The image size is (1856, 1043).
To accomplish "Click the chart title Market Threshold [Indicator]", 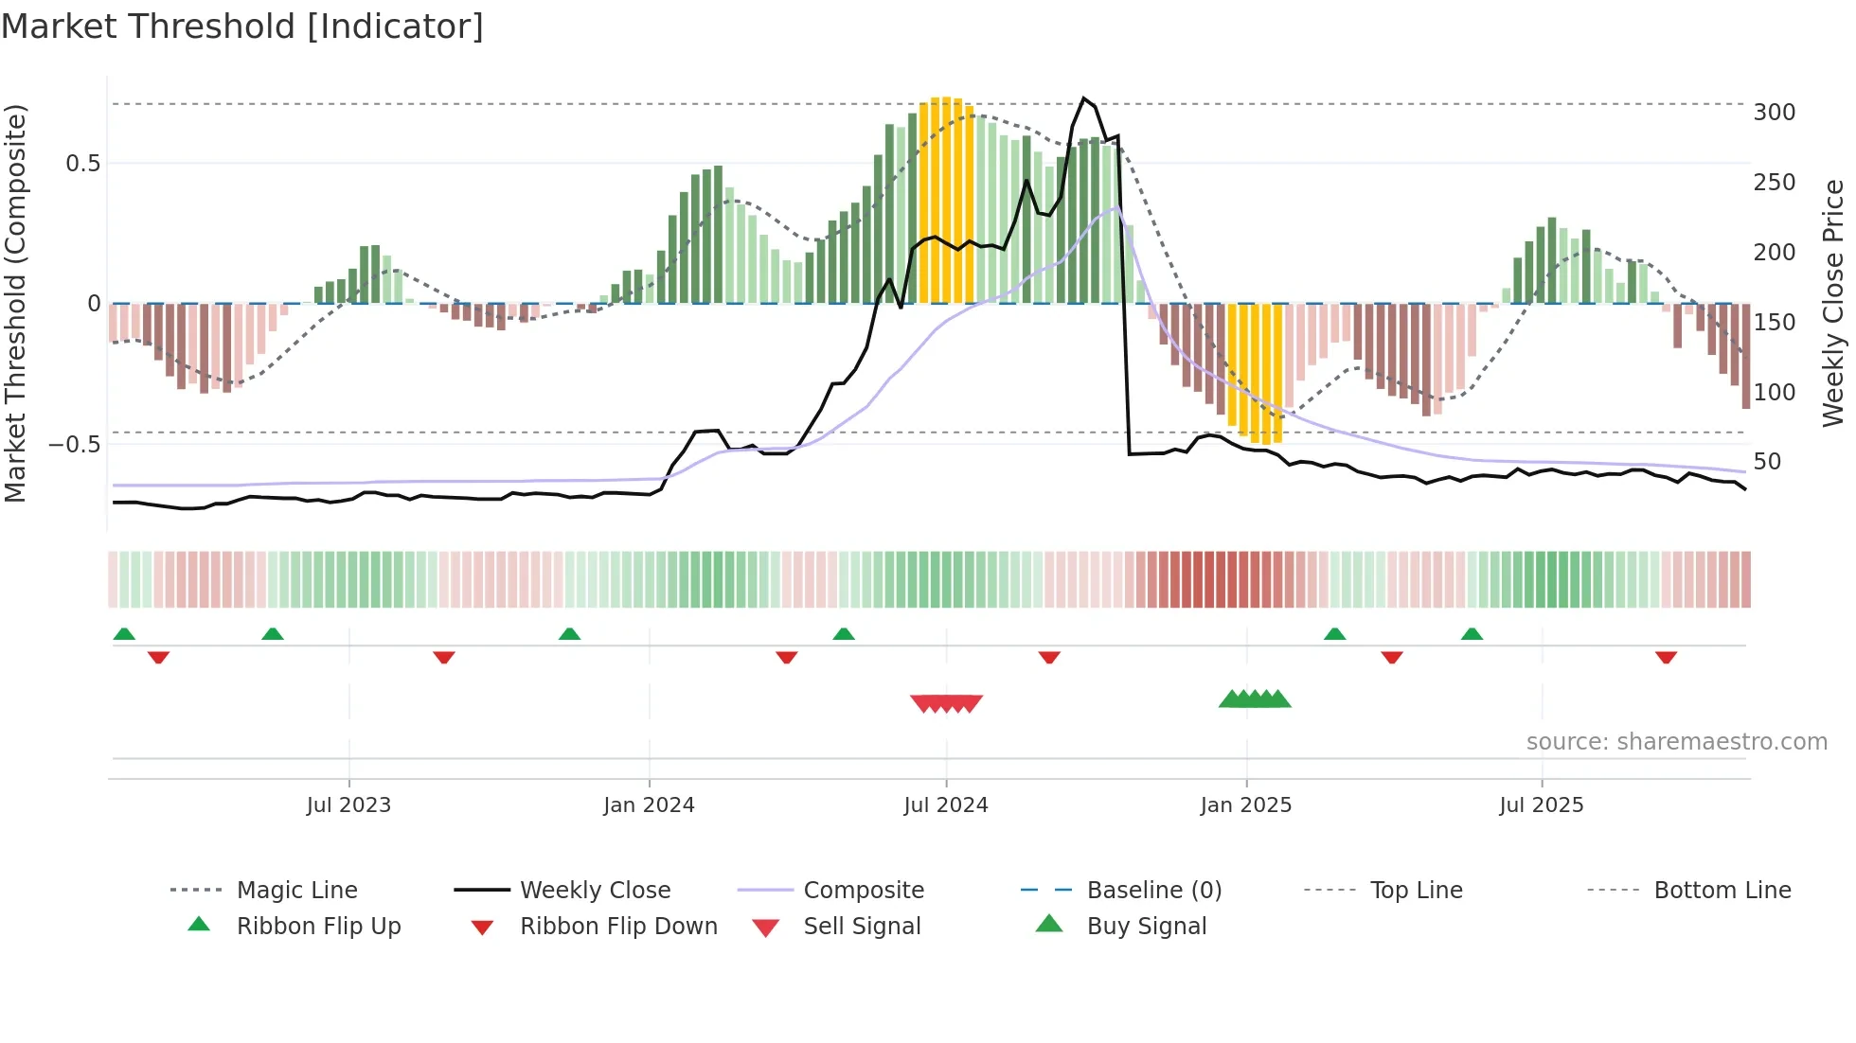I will coord(242,27).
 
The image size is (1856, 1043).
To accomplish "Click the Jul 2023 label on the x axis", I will coord(348,805).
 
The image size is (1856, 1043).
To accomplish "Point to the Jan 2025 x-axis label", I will coord(1245,805).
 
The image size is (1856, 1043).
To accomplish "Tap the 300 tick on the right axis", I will coord(1774,113).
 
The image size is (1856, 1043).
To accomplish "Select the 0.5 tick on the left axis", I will coord(82,164).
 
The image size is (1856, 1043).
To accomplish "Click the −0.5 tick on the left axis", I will coord(74,445).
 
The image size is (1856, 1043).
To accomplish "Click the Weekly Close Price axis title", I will coord(1833,303).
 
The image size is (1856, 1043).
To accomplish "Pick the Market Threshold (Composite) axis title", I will coord(15,303).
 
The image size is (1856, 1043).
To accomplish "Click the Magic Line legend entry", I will coord(296,891).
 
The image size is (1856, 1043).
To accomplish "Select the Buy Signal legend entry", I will coord(1146,927).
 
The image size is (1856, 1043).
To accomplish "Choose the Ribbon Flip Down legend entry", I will coord(617,927).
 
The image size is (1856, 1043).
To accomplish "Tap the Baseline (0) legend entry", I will coord(1153,891).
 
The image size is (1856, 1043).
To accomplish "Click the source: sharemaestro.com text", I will coord(1676,742).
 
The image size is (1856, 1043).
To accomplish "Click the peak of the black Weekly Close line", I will coord(1084,98).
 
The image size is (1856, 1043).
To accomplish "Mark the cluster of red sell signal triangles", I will coord(946,703).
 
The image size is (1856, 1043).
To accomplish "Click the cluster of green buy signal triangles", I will coord(1255,699).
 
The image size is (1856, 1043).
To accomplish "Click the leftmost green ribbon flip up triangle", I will coord(124,634).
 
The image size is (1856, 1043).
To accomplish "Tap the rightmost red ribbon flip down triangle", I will coord(1666,657).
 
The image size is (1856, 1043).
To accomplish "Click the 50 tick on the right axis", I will coord(1766,462).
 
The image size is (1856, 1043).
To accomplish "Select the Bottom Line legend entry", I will coord(1722,891).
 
